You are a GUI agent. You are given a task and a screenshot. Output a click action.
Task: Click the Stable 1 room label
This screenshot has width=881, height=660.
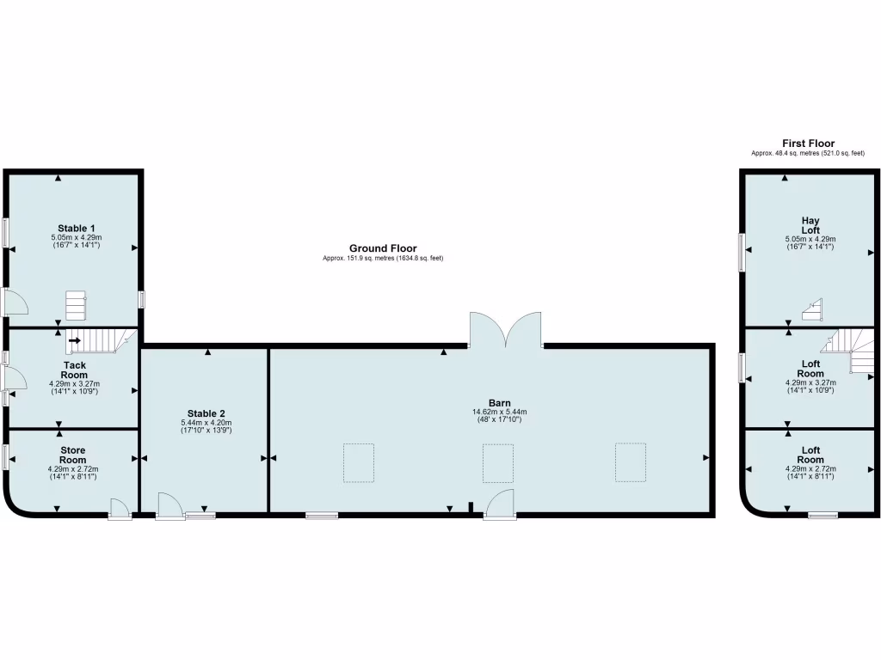point(76,228)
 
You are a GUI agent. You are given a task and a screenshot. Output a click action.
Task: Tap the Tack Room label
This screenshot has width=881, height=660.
point(75,370)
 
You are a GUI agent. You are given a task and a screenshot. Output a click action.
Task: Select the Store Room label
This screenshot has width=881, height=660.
point(73,455)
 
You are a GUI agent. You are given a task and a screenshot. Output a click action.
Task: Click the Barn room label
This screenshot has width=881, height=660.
point(499,402)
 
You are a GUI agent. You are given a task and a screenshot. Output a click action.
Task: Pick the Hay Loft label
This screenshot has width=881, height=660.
point(810,225)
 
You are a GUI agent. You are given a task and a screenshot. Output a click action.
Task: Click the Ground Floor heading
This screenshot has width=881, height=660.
point(383,248)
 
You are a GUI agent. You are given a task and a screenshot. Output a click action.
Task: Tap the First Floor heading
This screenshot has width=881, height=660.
point(808,144)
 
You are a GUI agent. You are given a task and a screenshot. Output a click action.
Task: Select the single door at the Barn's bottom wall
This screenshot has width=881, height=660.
point(500,504)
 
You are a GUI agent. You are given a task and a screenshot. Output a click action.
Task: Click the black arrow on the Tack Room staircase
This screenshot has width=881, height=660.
point(75,341)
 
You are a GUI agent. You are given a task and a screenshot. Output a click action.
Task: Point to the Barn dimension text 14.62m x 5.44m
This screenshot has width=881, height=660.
point(499,412)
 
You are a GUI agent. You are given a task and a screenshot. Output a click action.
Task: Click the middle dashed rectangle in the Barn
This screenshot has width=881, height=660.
point(498,462)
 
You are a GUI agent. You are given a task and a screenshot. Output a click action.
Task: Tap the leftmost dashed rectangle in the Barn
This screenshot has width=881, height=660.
point(359,461)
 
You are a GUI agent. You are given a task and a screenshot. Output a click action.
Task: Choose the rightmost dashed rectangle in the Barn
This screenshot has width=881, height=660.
point(630,461)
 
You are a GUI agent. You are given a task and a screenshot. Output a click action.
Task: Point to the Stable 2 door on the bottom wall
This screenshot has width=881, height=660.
point(169,506)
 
